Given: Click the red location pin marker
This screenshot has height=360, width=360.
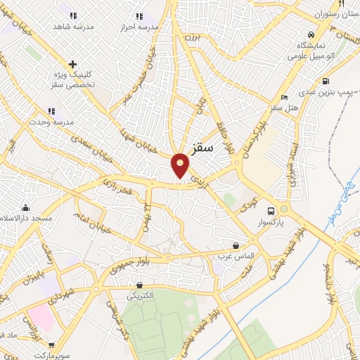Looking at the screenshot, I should click(181, 165).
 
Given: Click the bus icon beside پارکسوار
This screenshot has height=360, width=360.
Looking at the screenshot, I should click(270, 210).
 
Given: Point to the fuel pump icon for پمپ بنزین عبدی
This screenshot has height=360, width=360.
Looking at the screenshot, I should click(326, 79).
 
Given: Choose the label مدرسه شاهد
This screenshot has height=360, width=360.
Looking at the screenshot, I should click(74, 26).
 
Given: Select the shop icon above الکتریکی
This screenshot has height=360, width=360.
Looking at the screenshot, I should click(139, 285).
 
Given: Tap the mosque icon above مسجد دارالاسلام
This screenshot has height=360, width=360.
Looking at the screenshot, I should click(26, 207).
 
